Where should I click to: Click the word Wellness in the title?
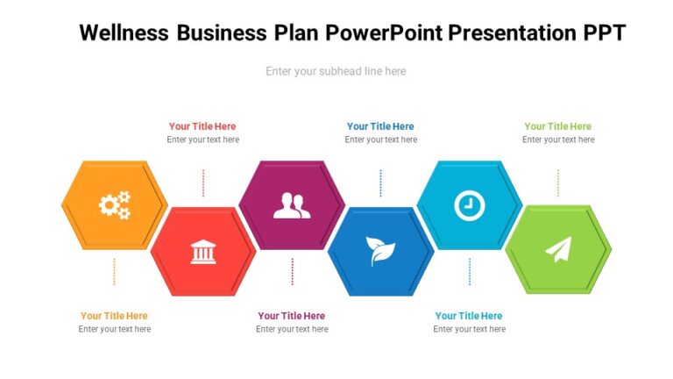pyautogui.click(x=124, y=33)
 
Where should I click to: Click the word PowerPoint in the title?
pyautogui.click(x=384, y=33)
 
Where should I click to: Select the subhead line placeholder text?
pyautogui.click(x=336, y=71)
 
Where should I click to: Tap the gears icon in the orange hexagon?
pyautogui.click(x=114, y=205)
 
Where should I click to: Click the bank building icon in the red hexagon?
pyautogui.click(x=202, y=253)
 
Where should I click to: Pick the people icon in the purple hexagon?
pyautogui.click(x=292, y=205)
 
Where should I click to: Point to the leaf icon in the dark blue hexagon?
pyautogui.click(x=380, y=252)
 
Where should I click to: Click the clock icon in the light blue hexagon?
pyautogui.click(x=469, y=205)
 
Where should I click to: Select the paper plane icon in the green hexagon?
pyautogui.click(x=558, y=250)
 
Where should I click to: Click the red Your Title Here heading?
pyautogui.click(x=202, y=126)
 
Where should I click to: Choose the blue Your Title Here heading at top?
pyautogui.click(x=380, y=126)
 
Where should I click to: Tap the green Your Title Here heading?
pyautogui.click(x=558, y=126)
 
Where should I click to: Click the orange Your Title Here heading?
pyautogui.click(x=114, y=316)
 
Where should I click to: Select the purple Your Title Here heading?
pyautogui.click(x=292, y=316)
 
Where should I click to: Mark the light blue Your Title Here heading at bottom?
pyautogui.click(x=469, y=316)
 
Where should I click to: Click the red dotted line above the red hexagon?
pyautogui.click(x=203, y=182)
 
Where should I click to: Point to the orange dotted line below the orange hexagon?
pyautogui.click(x=114, y=271)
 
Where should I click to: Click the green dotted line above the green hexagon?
pyautogui.click(x=558, y=182)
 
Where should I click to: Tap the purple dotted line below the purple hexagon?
pyautogui.click(x=292, y=271)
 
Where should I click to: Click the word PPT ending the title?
pyautogui.click(x=605, y=33)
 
